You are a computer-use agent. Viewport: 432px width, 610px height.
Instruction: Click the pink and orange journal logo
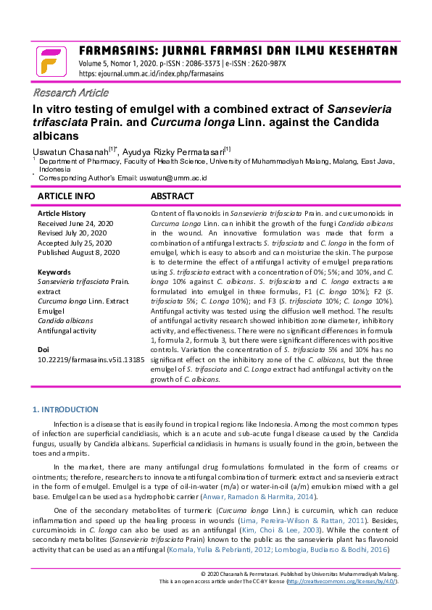coord(50,61)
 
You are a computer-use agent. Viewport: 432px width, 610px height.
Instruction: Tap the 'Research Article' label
coord(70,92)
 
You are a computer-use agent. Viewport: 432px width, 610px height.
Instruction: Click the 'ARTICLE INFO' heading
coord(66,196)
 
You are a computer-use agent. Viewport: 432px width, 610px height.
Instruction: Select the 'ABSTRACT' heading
coord(172,196)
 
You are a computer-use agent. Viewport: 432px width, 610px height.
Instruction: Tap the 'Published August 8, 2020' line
coord(78,252)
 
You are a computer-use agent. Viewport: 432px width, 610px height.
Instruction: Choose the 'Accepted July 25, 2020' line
coord(75,243)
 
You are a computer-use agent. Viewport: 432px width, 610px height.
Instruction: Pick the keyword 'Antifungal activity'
coord(67,330)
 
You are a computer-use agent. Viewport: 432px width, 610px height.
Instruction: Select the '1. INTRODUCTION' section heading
coord(66,409)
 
